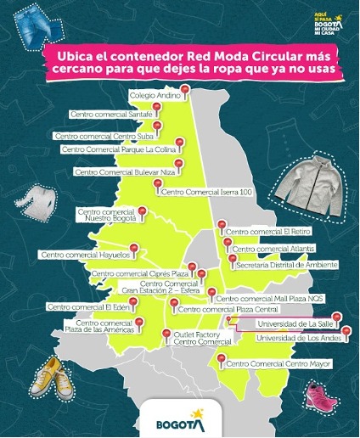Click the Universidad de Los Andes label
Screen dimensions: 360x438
click(273, 339)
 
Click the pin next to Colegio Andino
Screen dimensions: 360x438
click(184, 90)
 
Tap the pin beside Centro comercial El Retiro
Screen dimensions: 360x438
click(221, 226)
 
